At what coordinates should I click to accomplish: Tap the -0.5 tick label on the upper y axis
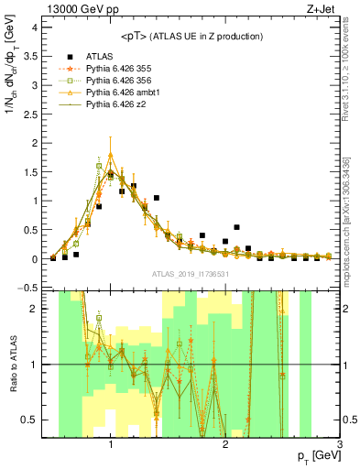27,288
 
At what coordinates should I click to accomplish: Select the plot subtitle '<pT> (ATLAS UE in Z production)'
192,36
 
